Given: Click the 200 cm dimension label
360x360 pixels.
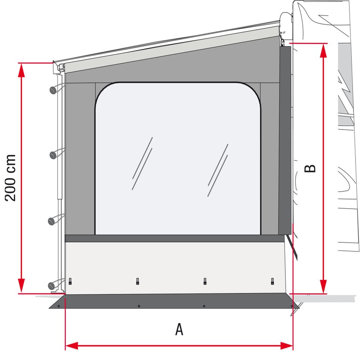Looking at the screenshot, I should tap(10, 178).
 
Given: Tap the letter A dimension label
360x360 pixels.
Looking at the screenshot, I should tap(179, 329).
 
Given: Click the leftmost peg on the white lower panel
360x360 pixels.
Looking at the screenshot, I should tap(70, 281).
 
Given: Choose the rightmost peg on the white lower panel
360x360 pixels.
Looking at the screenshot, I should tap(272, 281).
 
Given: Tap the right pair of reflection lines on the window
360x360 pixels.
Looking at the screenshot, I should tap(218, 170).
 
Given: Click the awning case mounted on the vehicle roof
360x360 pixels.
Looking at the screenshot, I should tap(287, 23).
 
